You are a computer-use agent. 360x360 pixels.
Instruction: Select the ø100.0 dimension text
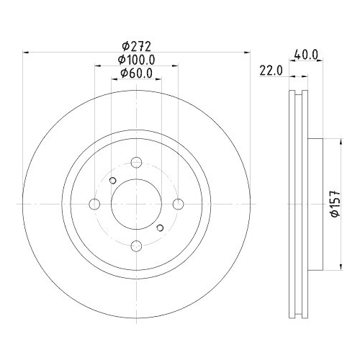[x=135, y=60]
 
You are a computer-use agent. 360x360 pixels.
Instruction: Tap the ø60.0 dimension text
[x=135, y=73]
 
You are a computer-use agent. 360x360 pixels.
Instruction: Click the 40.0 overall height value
[x=307, y=53]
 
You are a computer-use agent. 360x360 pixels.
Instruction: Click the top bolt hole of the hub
[x=135, y=162]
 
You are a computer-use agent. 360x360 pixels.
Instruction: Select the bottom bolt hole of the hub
[x=135, y=246]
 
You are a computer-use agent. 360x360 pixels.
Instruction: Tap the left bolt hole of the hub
[x=94, y=204]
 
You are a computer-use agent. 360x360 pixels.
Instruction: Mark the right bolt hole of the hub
[x=177, y=204]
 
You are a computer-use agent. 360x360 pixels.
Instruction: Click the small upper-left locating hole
[x=112, y=180]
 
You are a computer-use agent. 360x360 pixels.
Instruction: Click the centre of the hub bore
[x=135, y=204]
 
